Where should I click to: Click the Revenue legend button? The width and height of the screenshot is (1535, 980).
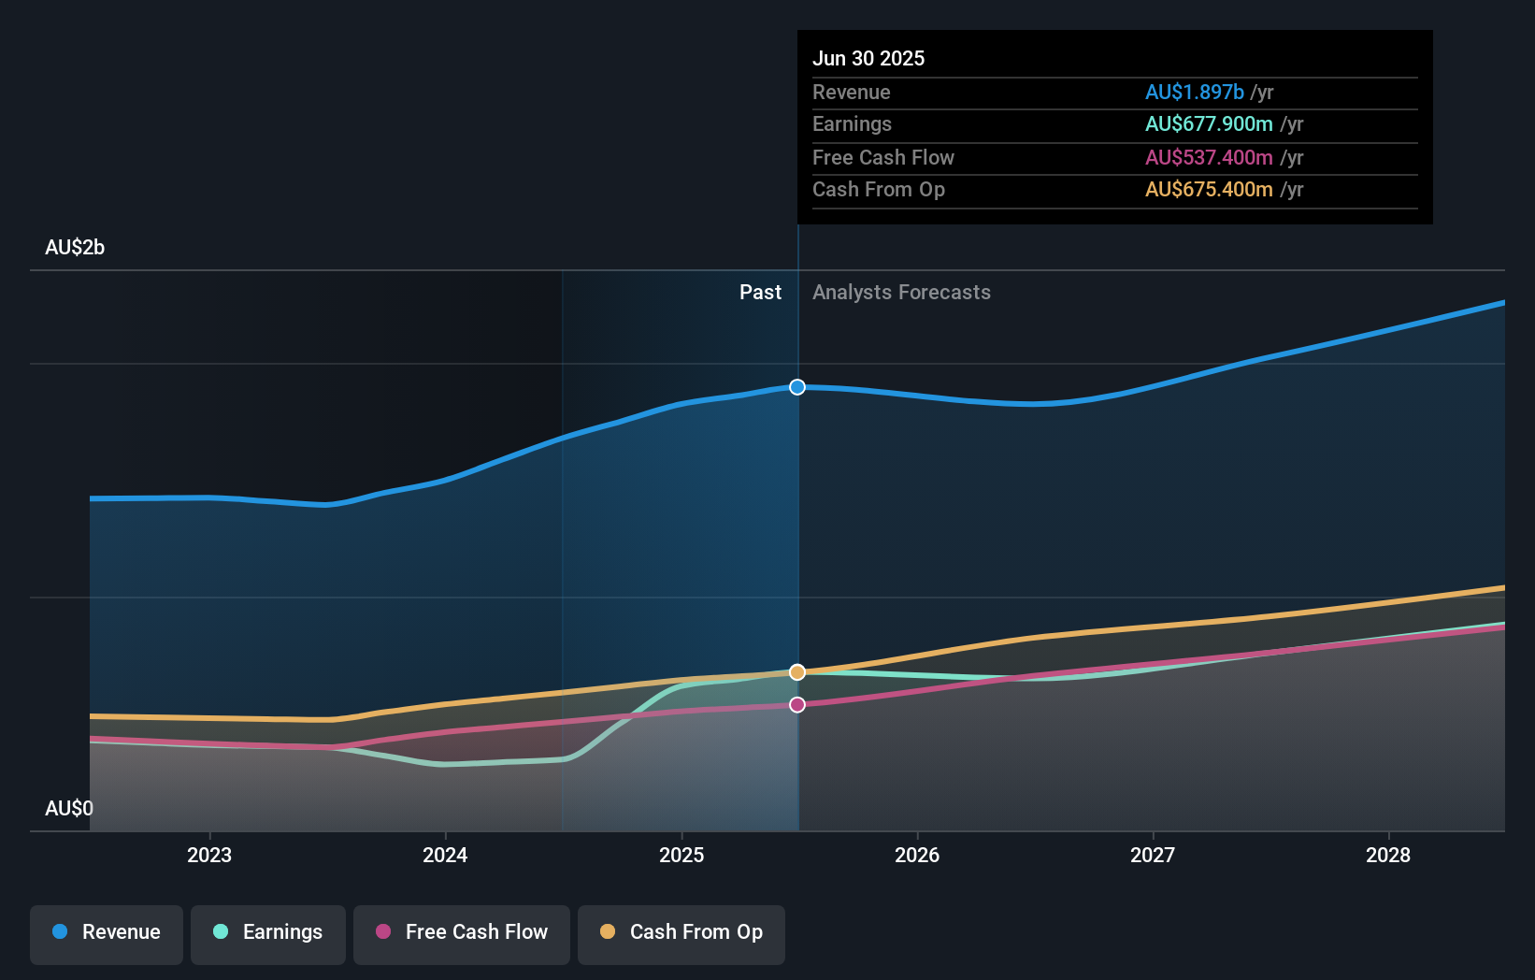pyautogui.click(x=107, y=932)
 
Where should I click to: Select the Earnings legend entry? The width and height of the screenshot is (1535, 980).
pyautogui.click(x=268, y=932)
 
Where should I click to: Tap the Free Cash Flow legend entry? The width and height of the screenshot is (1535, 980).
pyautogui.click(x=462, y=932)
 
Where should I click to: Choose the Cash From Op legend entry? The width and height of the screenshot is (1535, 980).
pyautogui.click(x=681, y=932)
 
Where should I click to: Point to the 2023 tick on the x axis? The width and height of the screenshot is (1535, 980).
pyautogui.click(x=209, y=855)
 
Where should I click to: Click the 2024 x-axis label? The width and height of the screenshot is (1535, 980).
pyautogui.click(x=445, y=855)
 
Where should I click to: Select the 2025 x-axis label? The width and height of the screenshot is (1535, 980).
pyautogui.click(x=681, y=855)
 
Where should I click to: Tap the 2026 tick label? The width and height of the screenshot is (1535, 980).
pyautogui.click(x=917, y=855)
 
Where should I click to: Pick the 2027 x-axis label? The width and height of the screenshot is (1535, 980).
pyautogui.click(x=1153, y=855)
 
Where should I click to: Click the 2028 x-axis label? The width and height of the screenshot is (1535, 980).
pyautogui.click(x=1388, y=855)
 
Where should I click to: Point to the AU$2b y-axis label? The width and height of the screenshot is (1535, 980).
pyautogui.click(x=75, y=248)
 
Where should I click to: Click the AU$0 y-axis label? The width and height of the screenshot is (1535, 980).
pyautogui.click(x=69, y=808)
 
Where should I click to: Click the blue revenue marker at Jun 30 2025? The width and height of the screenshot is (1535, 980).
pyautogui.click(x=797, y=387)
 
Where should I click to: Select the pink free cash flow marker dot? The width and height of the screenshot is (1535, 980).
pyautogui.click(x=797, y=705)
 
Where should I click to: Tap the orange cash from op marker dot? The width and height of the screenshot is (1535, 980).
pyautogui.click(x=797, y=672)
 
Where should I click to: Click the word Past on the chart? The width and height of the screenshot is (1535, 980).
pyautogui.click(x=760, y=293)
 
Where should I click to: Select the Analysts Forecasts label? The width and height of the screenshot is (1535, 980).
pyautogui.click(x=901, y=293)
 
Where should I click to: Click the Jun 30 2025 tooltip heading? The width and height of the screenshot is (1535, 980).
pyautogui.click(x=868, y=58)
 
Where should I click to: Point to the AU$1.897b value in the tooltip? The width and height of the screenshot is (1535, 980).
pyautogui.click(x=1194, y=92)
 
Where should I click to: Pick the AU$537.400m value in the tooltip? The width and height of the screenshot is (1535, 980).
pyautogui.click(x=1209, y=157)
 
